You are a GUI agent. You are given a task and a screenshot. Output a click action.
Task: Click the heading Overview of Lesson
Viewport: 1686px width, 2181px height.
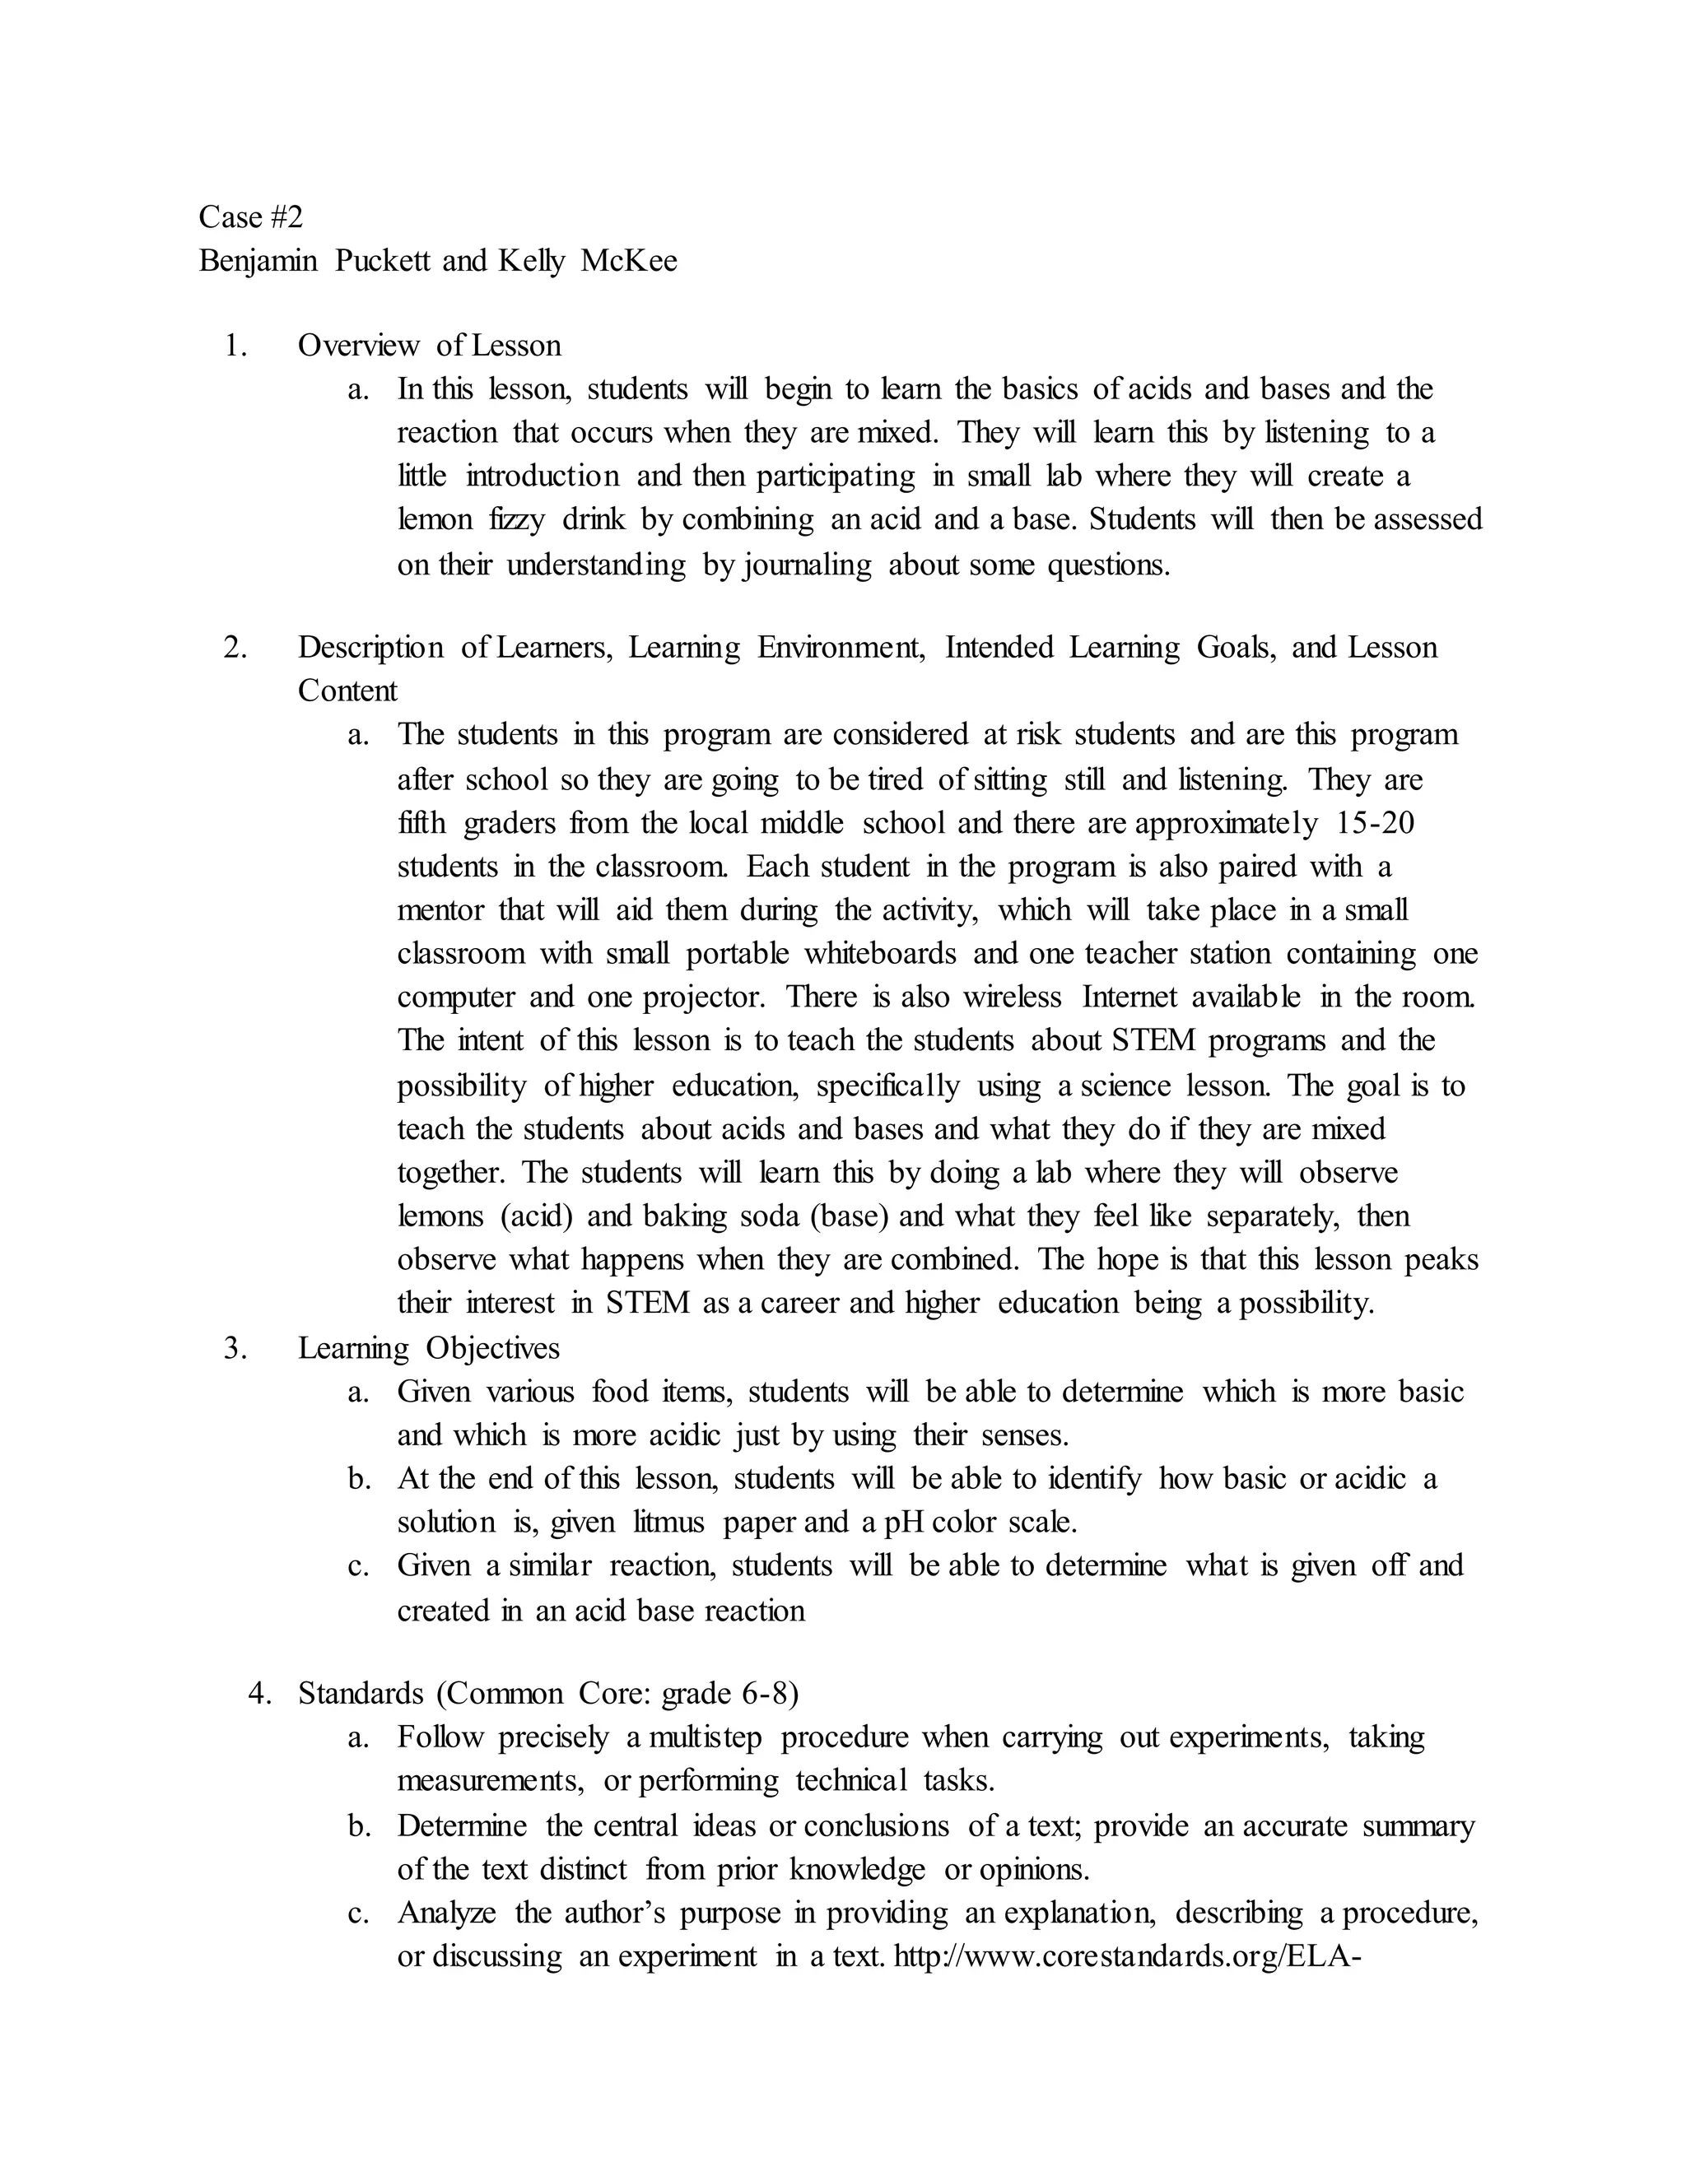[x=430, y=346]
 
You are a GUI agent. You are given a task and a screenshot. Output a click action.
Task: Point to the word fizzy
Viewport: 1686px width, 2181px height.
[x=516, y=519]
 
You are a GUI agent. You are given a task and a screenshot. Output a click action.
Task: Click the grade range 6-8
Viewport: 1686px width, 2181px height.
[x=765, y=1694]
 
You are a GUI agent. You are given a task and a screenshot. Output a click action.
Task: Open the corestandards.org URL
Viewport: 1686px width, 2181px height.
[x=1128, y=1955]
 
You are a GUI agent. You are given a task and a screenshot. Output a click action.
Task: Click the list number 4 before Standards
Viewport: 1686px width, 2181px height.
[x=259, y=1694]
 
